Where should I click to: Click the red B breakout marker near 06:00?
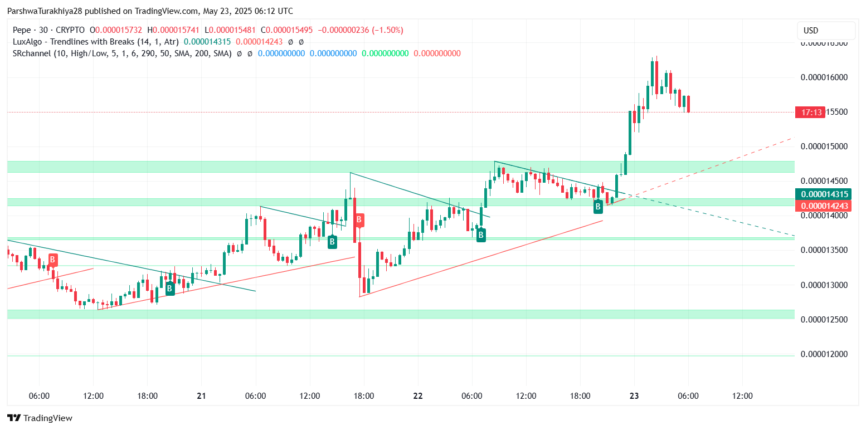pos(52,260)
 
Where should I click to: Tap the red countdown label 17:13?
pos(810,113)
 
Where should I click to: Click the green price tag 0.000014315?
pos(825,194)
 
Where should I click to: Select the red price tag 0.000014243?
pos(825,206)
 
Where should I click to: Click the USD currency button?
pos(825,31)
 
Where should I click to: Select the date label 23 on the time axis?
pos(634,397)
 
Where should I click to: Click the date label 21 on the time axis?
pos(201,397)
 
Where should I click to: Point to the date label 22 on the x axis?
pos(418,397)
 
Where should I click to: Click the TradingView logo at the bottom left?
pos(40,418)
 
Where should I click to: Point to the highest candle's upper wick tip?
pos(656,56)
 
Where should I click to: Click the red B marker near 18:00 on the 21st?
pos(359,220)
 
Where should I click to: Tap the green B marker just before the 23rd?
pos(598,207)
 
